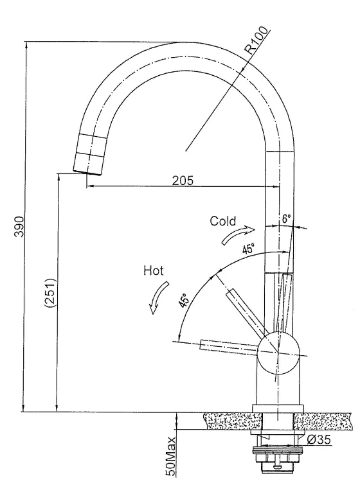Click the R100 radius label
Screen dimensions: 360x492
point(257,40)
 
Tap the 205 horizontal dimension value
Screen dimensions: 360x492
point(183,180)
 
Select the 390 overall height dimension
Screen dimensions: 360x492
point(19,227)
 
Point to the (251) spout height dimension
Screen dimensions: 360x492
point(51,292)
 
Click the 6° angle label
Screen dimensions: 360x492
point(286,218)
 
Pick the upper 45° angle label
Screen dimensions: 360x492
point(248,249)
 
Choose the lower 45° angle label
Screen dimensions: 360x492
point(184,300)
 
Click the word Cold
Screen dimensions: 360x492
point(222,221)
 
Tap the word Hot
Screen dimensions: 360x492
point(153,270)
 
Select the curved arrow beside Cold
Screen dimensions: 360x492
point(238,233)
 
